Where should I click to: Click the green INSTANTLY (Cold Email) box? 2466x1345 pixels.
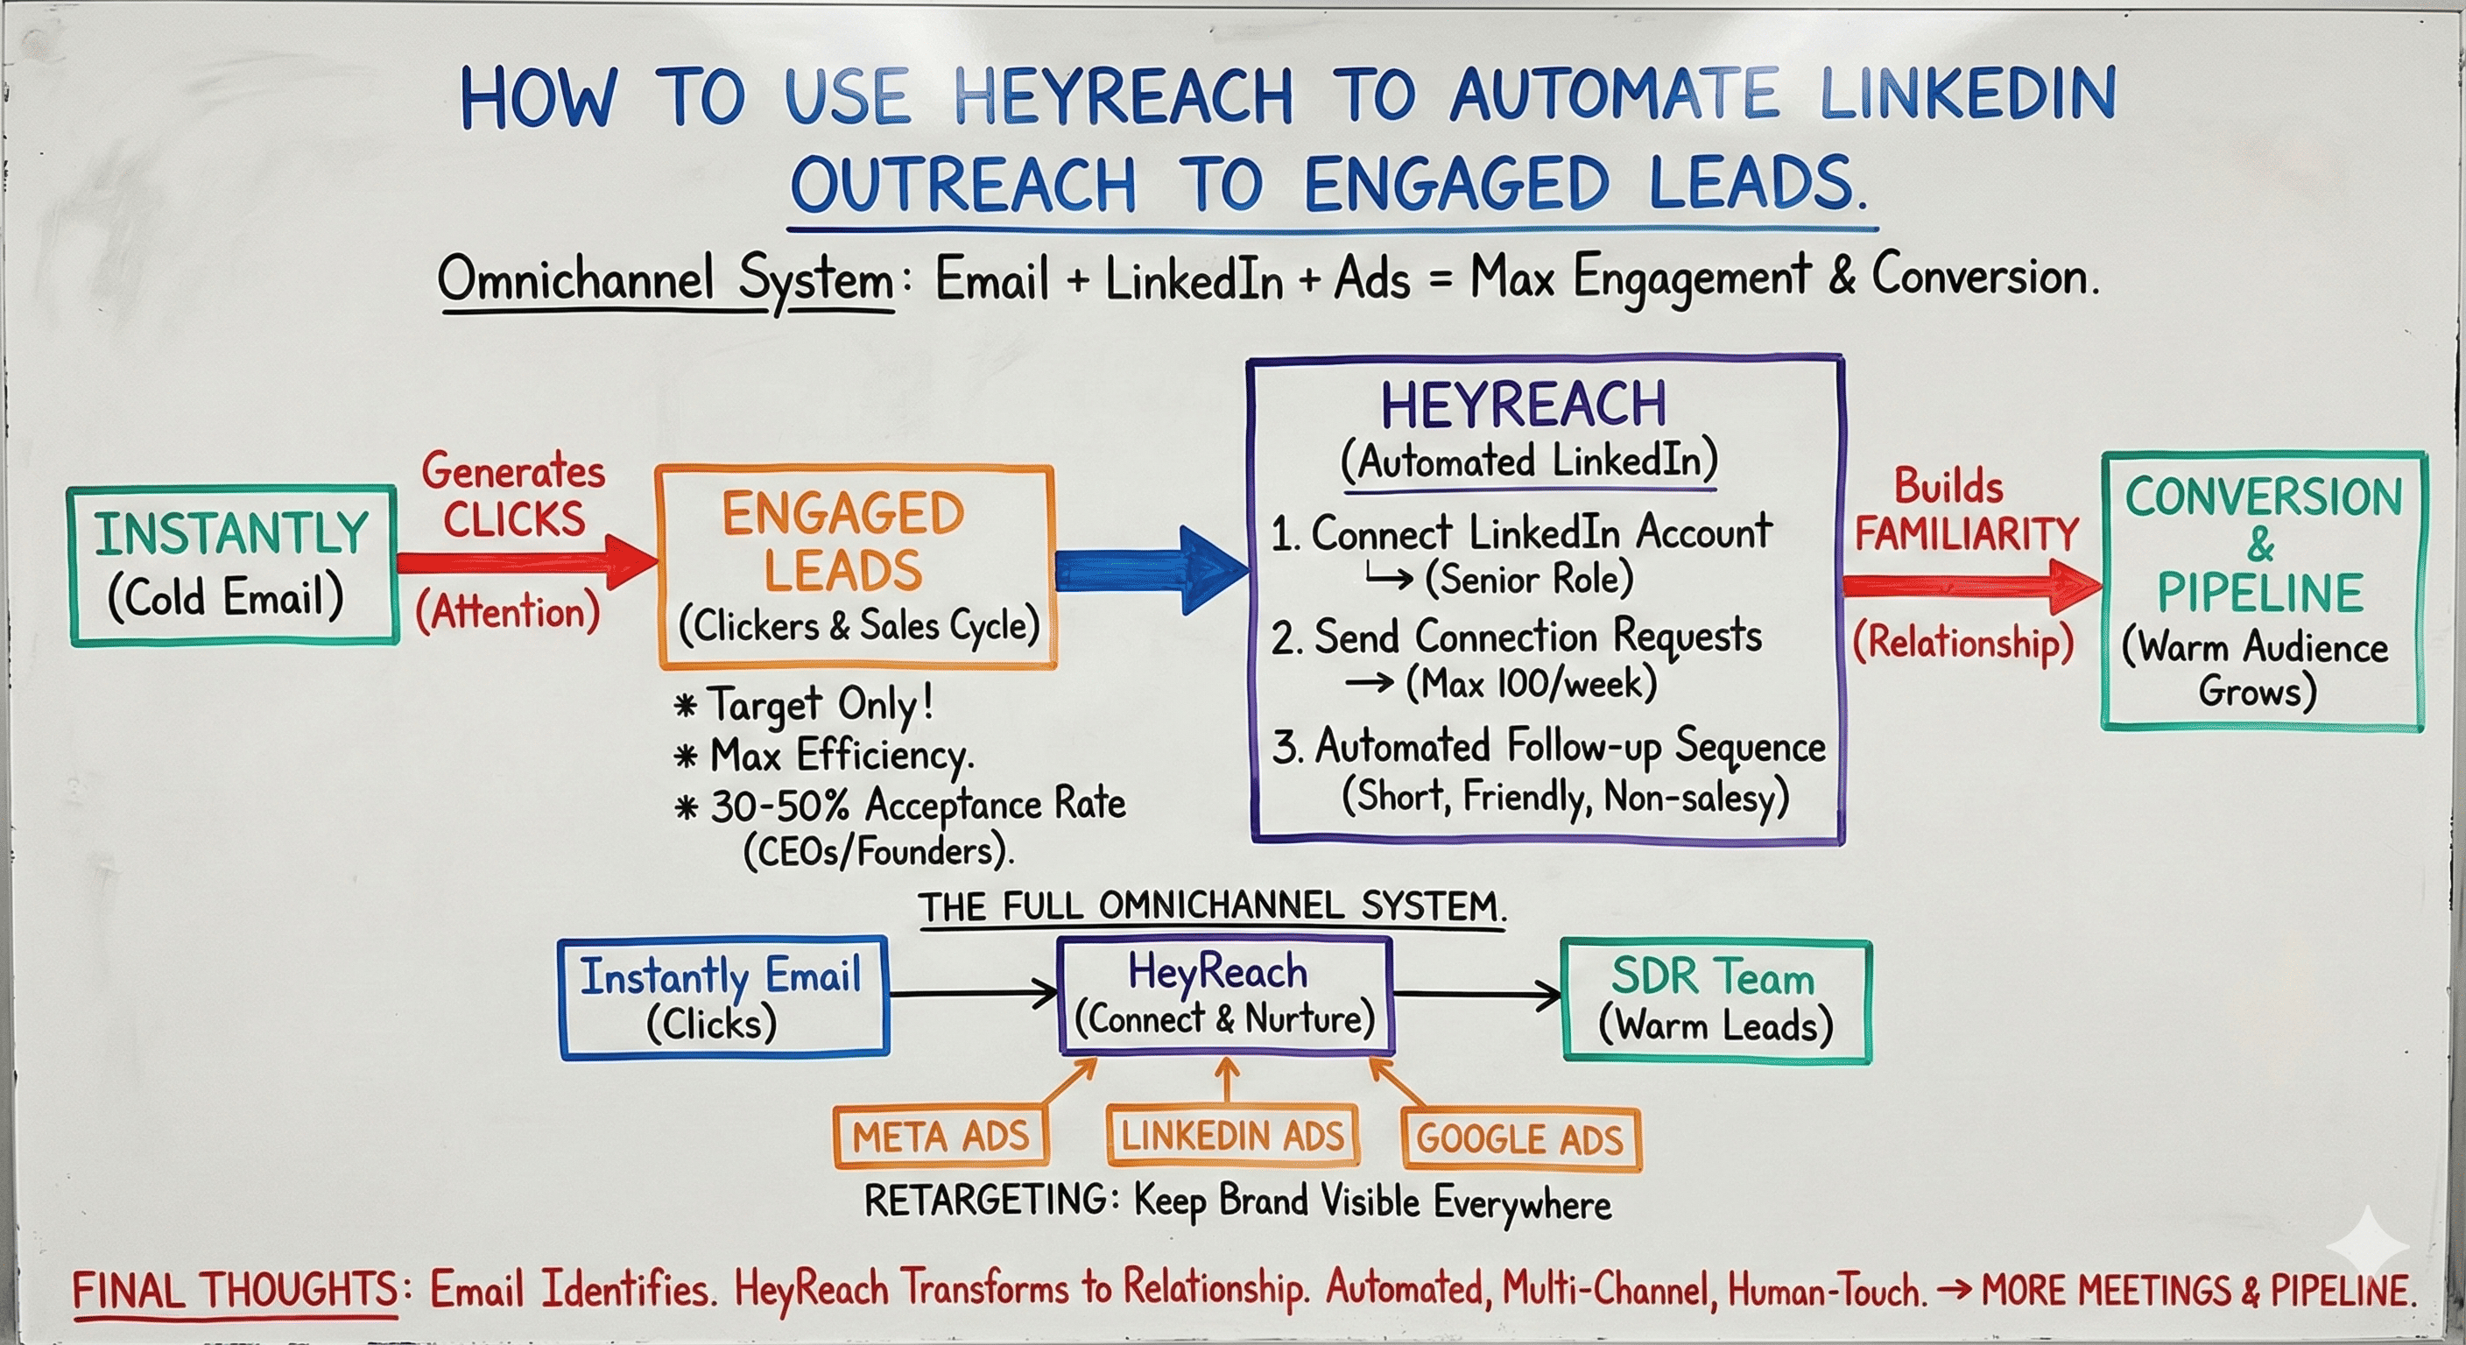[233, 565]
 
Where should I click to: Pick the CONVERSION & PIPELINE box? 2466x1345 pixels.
[2263, 592]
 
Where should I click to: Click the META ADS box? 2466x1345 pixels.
[940, 1137]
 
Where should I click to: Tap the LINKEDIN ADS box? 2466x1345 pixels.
[1232, 1137]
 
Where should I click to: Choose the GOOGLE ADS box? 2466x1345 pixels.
[1520, 1139]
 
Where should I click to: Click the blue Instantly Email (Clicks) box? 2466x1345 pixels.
[722, 998]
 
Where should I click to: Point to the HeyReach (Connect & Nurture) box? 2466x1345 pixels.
[1224, 996]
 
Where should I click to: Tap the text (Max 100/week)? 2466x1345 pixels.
[1531, 684]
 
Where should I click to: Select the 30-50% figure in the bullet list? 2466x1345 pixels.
[779, 806]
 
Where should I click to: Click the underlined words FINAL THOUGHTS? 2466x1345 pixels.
[235, 1291]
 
